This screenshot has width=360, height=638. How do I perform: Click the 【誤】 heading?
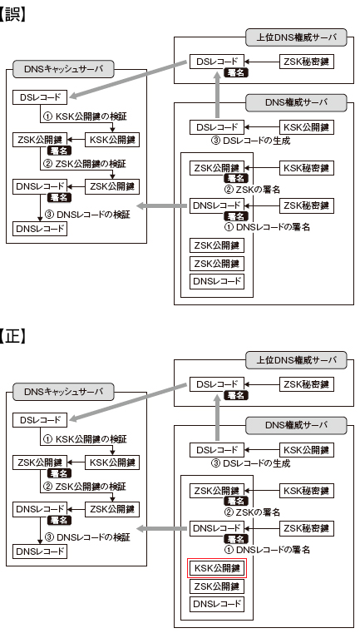(13, 15)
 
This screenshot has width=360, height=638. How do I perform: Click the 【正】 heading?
(13, 338)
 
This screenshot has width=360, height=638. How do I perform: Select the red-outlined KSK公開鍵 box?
(217, 568)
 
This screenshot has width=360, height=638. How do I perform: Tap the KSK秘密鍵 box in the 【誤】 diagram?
(306, 168)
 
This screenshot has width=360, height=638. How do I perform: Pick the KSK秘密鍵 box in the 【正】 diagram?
(306, 490)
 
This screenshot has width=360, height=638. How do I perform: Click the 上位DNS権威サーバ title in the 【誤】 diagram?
(296, 37)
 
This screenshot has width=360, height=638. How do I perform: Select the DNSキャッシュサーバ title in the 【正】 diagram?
(63, 392)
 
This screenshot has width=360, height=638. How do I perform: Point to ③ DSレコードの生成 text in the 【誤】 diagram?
(250, 141)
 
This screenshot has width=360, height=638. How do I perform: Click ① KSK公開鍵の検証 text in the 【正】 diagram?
(85, 439)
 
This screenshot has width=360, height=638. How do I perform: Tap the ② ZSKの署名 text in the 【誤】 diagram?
(252, 189)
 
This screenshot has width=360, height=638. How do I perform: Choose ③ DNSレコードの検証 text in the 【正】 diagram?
(87, 537)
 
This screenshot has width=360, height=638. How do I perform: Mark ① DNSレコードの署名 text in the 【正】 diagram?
(267, 550)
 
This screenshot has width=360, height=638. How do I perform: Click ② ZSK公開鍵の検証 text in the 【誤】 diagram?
(85, 164)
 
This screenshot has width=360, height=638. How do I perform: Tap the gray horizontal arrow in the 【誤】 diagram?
(163, 206)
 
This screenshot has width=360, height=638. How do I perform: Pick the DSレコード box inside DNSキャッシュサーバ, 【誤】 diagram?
(40, 97)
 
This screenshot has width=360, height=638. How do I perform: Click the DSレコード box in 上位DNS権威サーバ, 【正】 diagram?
(217, 384)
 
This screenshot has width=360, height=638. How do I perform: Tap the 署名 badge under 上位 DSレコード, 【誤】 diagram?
(236, 73)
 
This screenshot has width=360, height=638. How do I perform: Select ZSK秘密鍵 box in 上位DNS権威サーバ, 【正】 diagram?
(306, 384)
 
